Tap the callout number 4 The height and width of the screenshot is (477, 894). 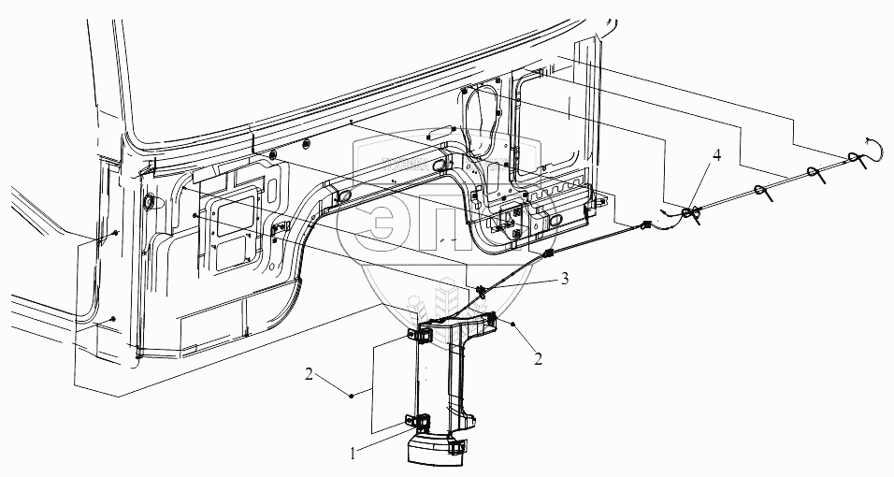click(x=715, y=154)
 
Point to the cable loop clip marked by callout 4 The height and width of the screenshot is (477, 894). click(x=690, y=214)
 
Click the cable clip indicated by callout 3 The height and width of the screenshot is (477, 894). click(x=482, y=292)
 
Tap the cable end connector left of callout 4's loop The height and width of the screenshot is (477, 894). click(x=646, y=224)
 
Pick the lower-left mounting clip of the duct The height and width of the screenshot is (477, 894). click(x=414, y=423)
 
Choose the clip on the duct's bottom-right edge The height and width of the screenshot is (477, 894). click(x=458, y=447)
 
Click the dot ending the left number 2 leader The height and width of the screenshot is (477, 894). click(x=353, y=397)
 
